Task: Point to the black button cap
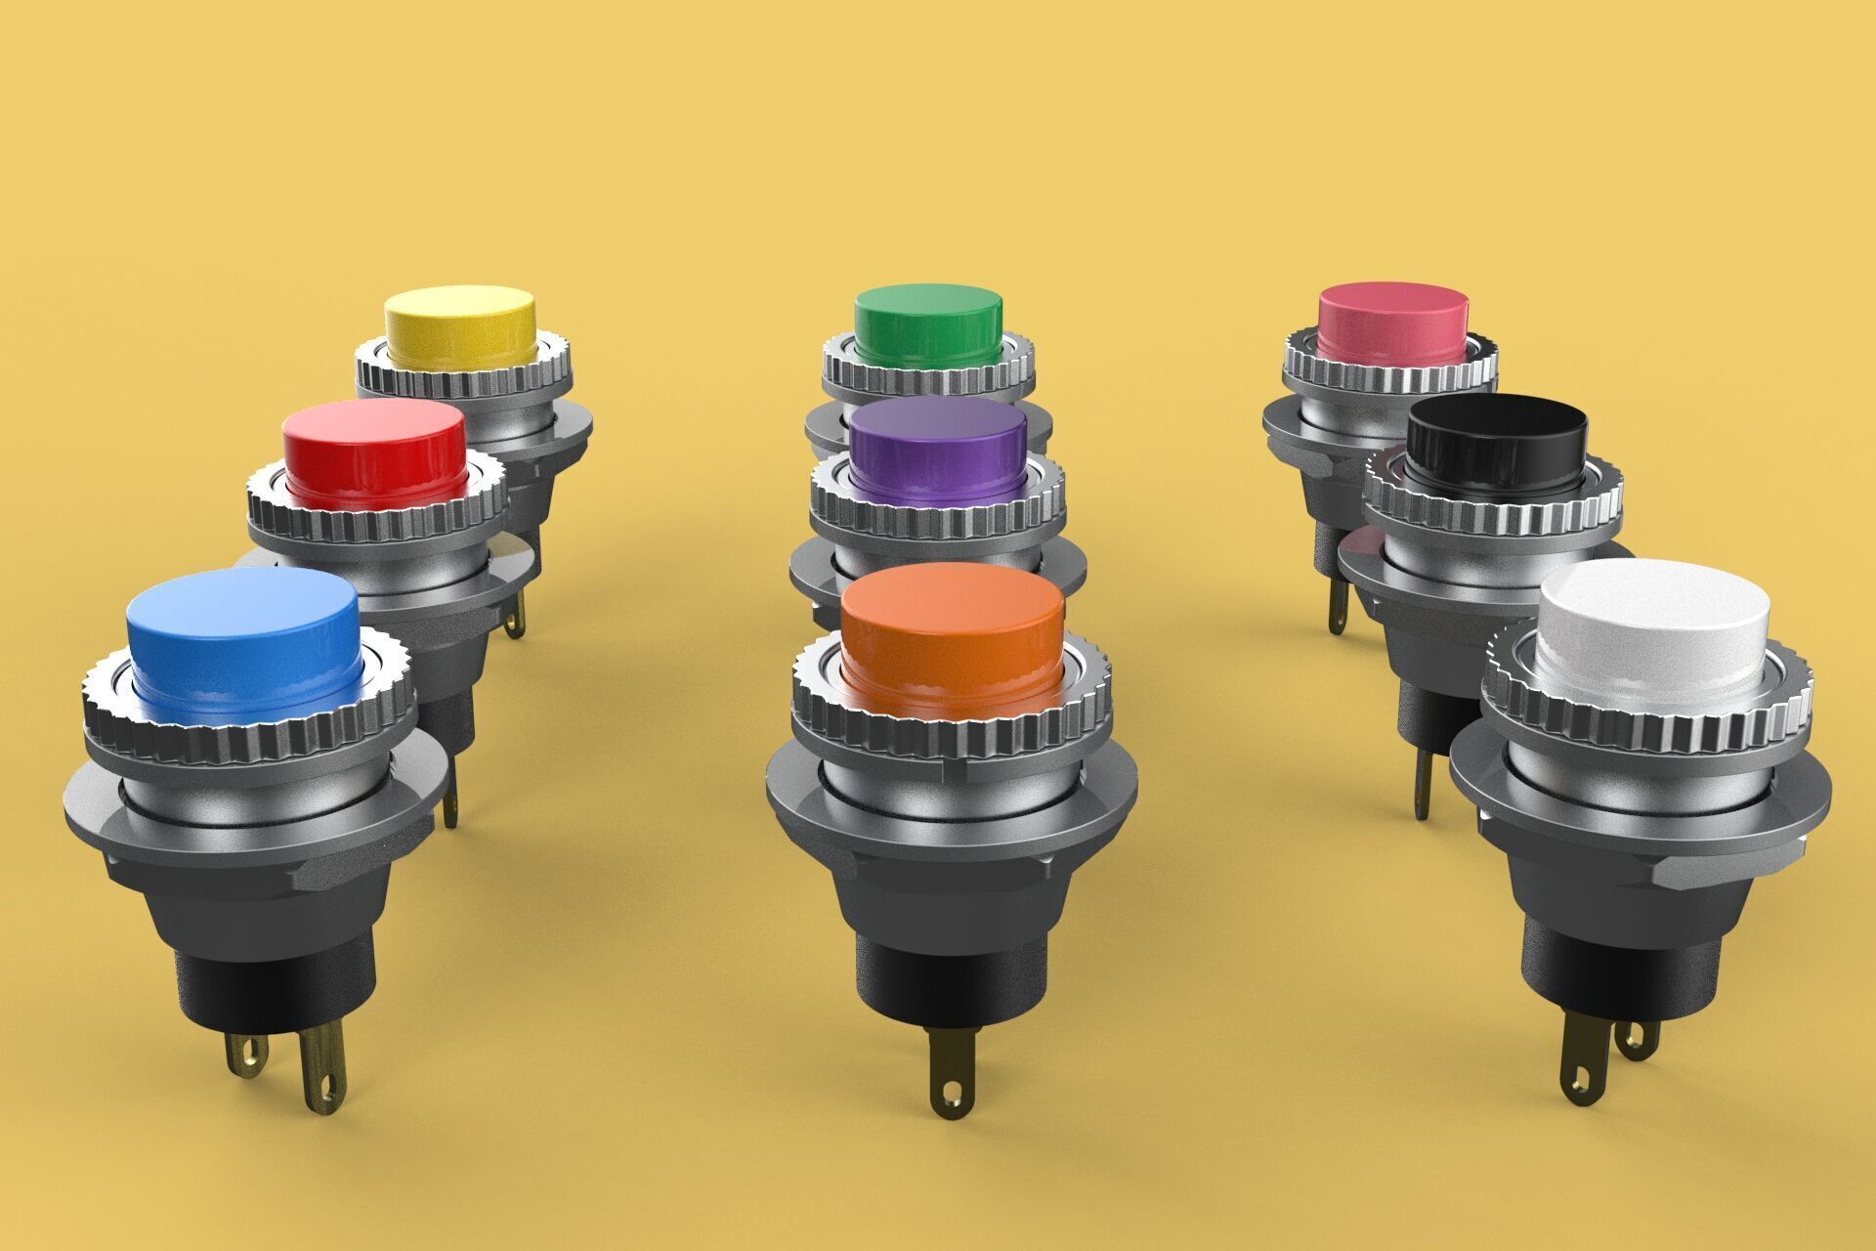[1498, 435]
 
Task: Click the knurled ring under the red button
[376, 523]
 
